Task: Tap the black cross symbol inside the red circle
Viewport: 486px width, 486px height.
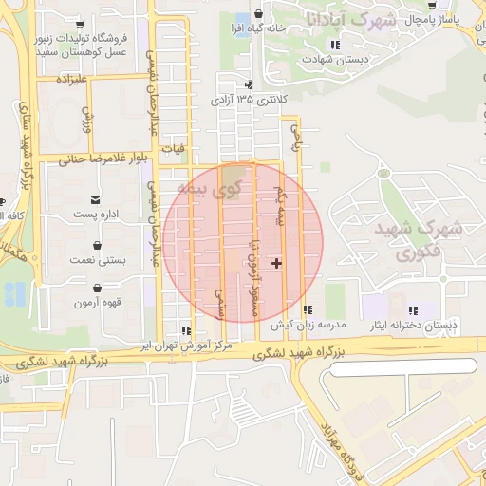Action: pos(276,263)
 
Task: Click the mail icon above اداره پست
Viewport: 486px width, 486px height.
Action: pos(96,199)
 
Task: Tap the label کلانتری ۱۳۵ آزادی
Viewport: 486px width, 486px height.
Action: pos(246,99)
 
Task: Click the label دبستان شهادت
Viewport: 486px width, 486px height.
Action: pos(334,59)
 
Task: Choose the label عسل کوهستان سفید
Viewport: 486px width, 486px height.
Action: pos(82,53)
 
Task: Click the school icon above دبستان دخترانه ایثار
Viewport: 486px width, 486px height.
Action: pos(413,309)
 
